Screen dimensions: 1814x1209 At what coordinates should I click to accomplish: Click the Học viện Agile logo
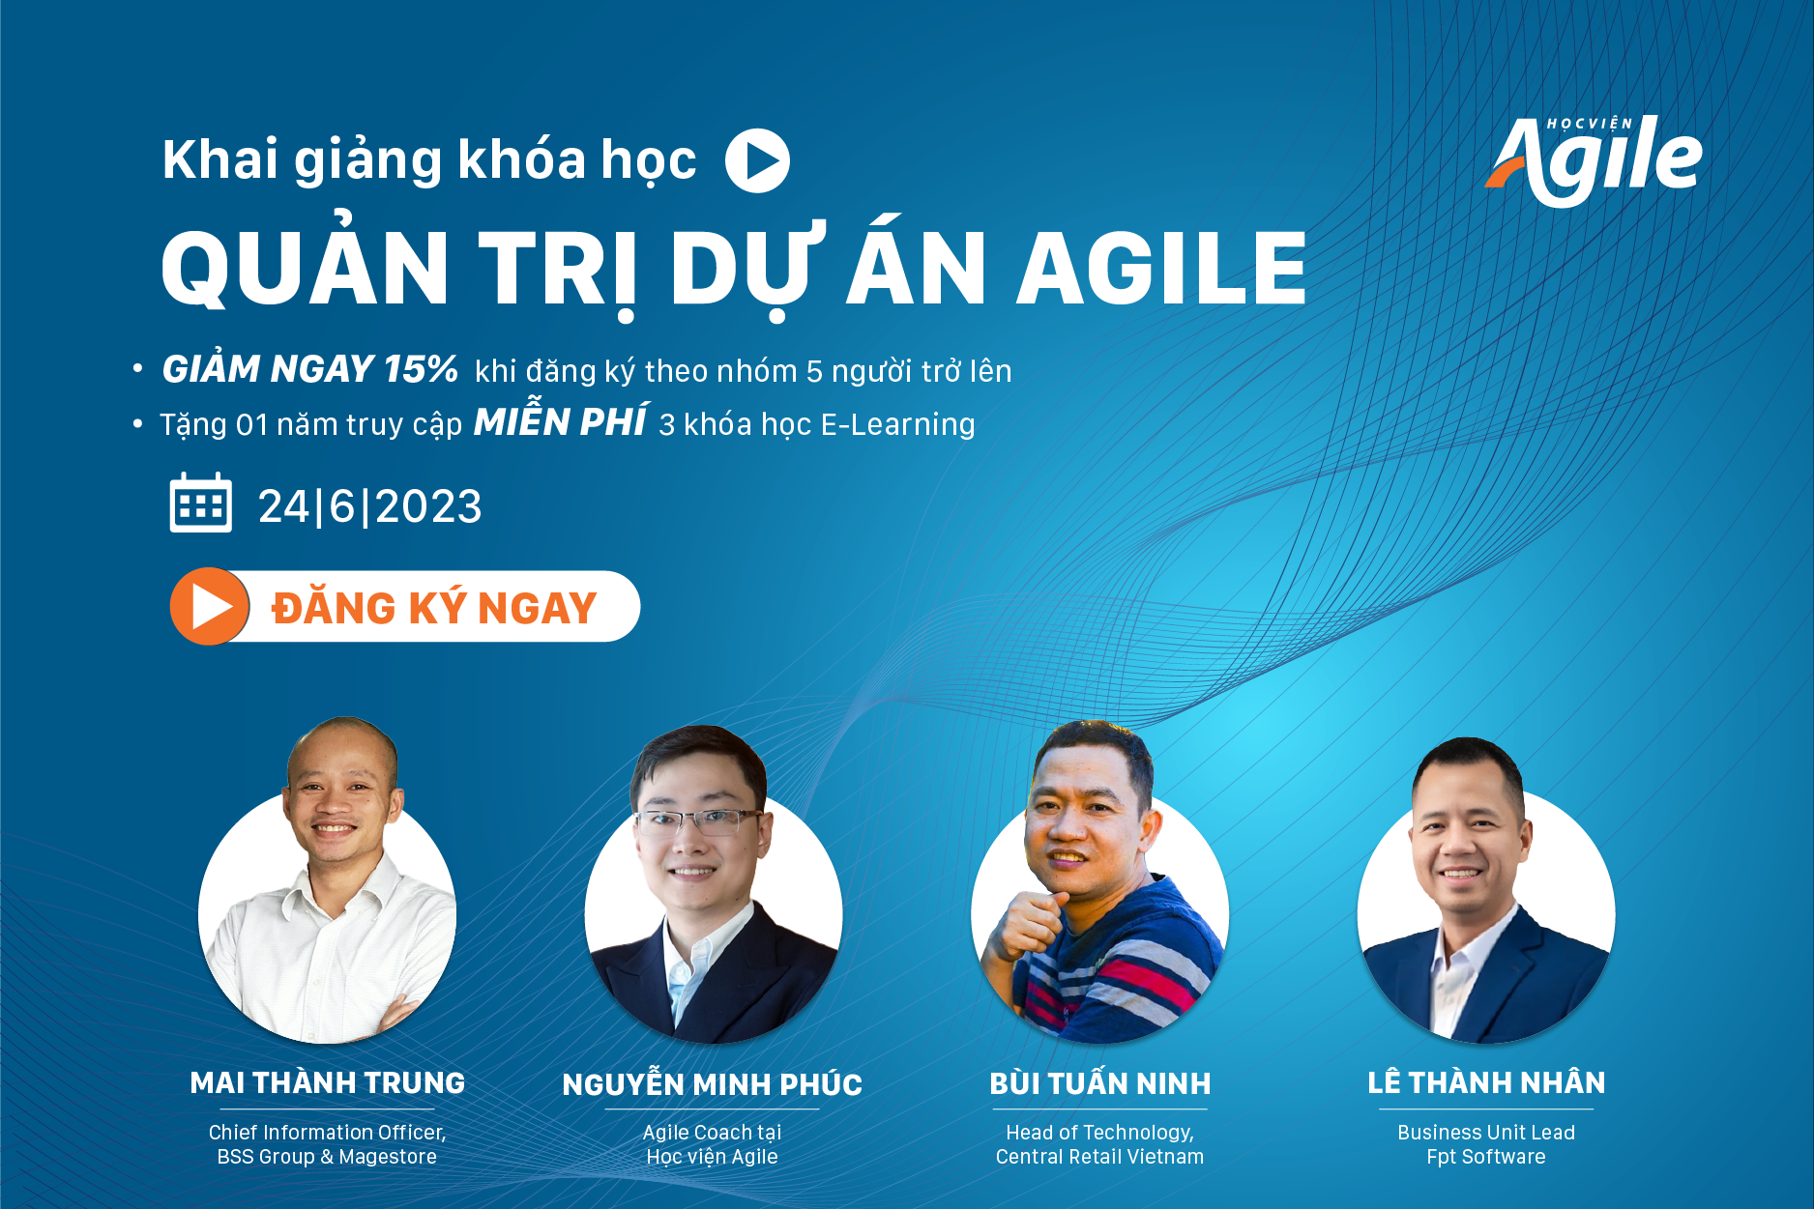tap(1594, 159)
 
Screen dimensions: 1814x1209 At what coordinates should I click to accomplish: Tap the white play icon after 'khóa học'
tap(757, 160)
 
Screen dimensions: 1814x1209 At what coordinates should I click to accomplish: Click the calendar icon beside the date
tap(200, 503)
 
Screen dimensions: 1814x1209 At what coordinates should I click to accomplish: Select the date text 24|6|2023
tap(369, 506)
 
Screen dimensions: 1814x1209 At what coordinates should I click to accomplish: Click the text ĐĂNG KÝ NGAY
tap(434, 608)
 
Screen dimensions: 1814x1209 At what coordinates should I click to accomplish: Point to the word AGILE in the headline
tap(1161, 268)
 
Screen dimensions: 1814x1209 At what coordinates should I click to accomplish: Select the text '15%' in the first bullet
tap(421, 369)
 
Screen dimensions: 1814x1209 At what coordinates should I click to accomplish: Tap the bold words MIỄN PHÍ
tap(560, 421)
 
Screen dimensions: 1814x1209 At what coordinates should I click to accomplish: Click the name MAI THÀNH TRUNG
tap(328, 1082)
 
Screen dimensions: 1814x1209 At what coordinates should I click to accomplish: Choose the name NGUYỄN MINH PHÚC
tap(713, 1083)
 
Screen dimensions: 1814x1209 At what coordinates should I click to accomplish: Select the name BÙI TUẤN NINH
tap(1100, 1083)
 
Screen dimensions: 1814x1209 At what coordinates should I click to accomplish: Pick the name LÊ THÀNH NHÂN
tap(1486, 1082)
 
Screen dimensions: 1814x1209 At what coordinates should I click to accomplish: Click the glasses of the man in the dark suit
tap(697, 821)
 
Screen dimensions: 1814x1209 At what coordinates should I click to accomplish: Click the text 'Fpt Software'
tap(1486, 1157)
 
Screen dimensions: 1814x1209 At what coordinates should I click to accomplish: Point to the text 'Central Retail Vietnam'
tap(1100, 1157)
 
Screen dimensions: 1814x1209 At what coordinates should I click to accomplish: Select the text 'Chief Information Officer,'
tap(328, 1133)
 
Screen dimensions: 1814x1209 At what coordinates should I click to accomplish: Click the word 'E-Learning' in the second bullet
tap(898, 424)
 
